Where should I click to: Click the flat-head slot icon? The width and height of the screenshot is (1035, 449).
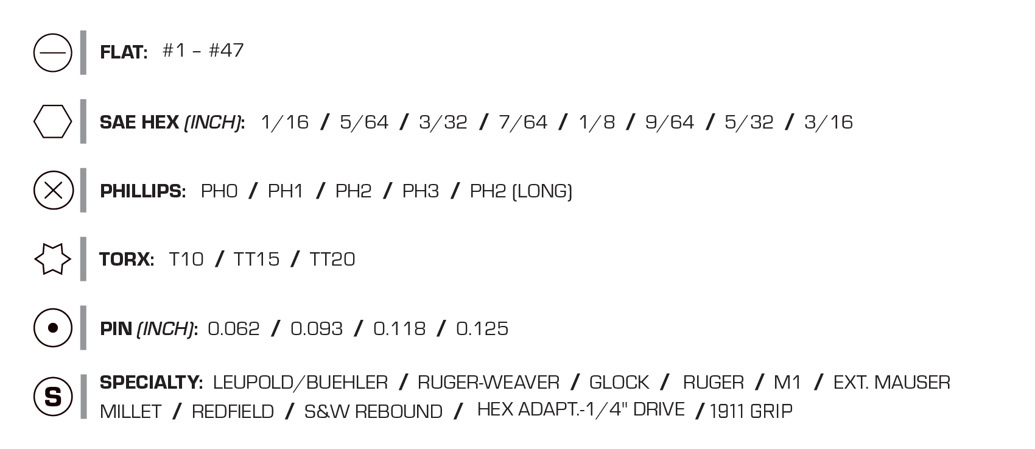[x=53, y=53]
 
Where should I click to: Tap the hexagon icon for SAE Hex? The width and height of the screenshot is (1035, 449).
[x=53, y=122]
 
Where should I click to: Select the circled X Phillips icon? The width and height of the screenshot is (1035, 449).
[x=53, y=190]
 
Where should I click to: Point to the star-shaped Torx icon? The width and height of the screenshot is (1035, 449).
[x=53, y=259]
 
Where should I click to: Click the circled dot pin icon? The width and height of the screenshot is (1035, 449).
[x=53, y=328]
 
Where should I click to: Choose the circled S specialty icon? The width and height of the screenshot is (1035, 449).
[x=53, y=397]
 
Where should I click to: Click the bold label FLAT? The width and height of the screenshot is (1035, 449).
[x=124, y=52]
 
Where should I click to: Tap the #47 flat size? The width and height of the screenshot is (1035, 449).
[x=226, y=51]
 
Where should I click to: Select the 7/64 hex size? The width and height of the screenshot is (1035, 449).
[x=523, y=122]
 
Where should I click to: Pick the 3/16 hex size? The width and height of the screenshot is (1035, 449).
[x=829, y=122]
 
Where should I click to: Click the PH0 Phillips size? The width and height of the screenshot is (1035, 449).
[x=219, y=191]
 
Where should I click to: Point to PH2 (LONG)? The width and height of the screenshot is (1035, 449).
[x=521, y=191]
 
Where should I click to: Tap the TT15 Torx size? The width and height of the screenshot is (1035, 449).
[x=256, y=260]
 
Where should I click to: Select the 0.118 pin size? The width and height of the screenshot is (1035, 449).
[x=399, y=329]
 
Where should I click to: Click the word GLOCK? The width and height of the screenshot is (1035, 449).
[x=619, y=383]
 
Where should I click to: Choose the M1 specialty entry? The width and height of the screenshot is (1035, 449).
[x=787, y=383]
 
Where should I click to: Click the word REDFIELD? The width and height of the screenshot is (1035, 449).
[x=233, y=412]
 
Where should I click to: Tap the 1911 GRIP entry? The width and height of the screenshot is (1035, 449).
[x=751, y=411]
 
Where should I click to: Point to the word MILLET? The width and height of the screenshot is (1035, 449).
[x=131, y=412]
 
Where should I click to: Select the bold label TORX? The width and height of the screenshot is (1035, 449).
[x=127, y=260]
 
